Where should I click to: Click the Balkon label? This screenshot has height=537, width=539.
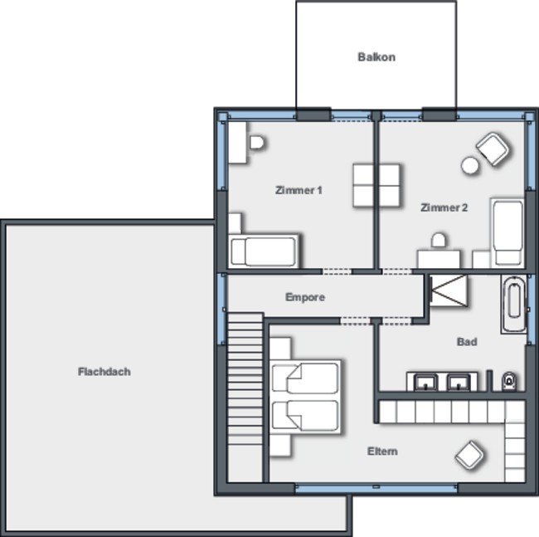click(x=376, y=56)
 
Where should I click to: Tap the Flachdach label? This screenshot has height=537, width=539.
click(x=104, y=372)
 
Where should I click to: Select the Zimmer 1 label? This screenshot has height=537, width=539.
click(x=299, y=190)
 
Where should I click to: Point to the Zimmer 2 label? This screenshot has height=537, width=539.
click(x=444, y=207)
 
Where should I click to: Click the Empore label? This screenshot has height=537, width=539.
click(x=305, y=297)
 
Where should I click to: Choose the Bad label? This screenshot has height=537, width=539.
click(x=467, y=342)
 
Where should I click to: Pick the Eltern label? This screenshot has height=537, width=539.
click(x=382, y=451)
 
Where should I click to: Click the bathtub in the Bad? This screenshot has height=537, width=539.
click(x=513, y=304)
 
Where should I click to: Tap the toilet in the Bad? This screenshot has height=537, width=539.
click(x=509, y=381)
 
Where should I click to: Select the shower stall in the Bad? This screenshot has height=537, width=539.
click(x=449, y=290)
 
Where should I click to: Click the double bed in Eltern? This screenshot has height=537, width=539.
click(x=305, y=396)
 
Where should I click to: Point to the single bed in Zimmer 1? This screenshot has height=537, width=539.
click(x=264, y=251)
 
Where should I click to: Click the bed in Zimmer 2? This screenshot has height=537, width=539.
click(x=507, y=233)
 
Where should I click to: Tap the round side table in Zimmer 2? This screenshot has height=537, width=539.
click(x=470, y=165)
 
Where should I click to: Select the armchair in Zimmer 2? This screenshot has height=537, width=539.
click(x=493, y=149)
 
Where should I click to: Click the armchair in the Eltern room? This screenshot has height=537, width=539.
click(x=469, y=455)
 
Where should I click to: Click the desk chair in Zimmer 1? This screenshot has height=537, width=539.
click(x=256, y=143)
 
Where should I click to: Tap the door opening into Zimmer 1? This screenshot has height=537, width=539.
click(x=337, y=271)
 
